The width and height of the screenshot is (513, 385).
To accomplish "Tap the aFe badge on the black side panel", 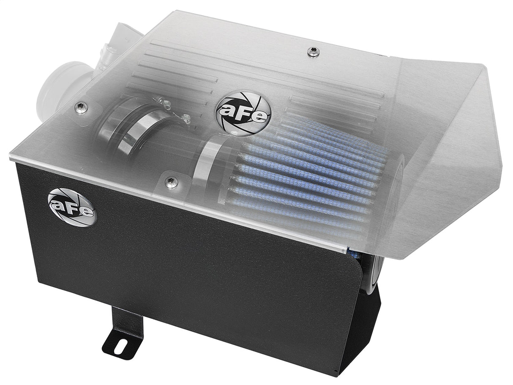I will pyautogui.click(x=71, y=207).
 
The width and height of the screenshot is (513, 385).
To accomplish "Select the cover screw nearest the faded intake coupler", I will pyautogui.click(x=80, y=108).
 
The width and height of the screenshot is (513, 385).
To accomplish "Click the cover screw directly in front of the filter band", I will pyautogui.click(x=171, y=182).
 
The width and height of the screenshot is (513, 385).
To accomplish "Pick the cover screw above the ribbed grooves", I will pyautogui.click(x=313, y=51).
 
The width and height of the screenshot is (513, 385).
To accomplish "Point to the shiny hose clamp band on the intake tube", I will pyautogui.click(x=134, y=130).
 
